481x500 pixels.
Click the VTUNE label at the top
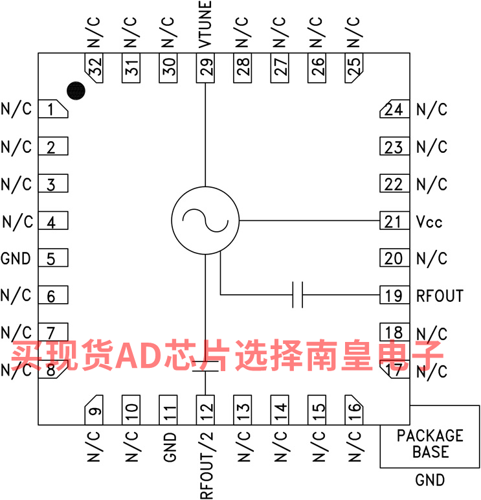point(205,25)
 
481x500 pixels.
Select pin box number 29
point(205,68)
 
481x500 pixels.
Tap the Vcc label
point(429,222)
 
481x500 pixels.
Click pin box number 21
point(394,220)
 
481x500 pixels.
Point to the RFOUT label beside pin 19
point(440,296)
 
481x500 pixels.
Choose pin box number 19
point(394,295)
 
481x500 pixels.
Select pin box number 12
point(205,410)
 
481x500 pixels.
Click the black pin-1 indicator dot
point(76,91)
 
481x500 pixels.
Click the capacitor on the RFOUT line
point(298,295)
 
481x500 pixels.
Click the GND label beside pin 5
point(16,258)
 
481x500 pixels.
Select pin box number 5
point(53,258)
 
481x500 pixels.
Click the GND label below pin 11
point(170,447)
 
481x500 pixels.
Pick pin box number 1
point(53,109)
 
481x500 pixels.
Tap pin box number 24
point(394,109)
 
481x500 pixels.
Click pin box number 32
point(94,68)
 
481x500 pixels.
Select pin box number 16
point(354,410)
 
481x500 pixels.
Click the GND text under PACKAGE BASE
point(430,480)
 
